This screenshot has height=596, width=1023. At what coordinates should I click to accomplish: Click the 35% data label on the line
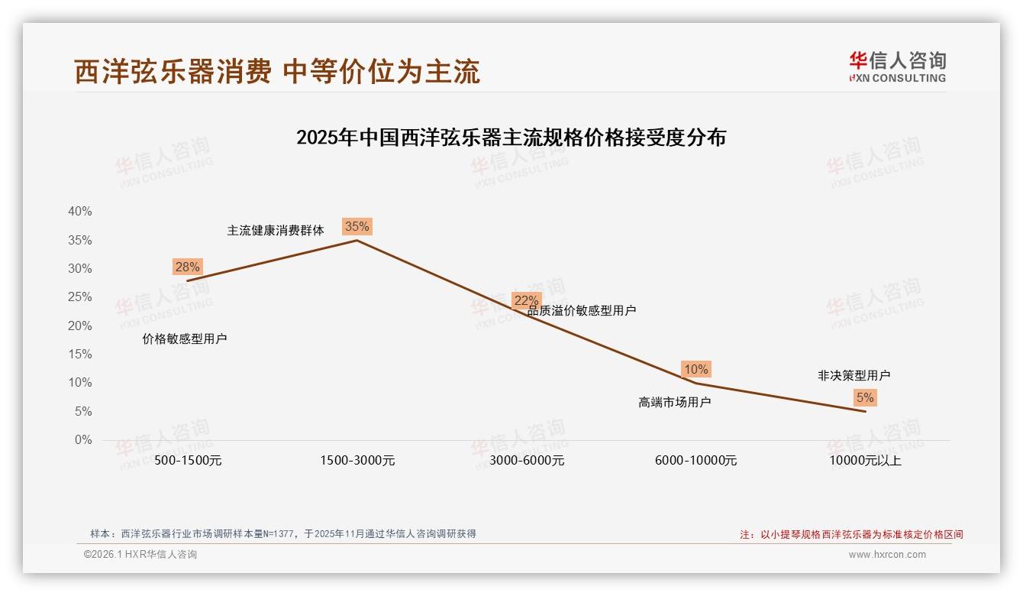(x=357, y=226)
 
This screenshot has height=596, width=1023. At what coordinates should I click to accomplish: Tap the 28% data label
(x=187, y=267)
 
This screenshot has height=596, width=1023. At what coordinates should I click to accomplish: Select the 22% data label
(x=526, y=300)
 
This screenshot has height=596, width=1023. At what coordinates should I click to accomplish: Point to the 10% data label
(x=695, y=369)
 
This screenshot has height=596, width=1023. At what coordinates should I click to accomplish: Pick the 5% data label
(x=865, y=397)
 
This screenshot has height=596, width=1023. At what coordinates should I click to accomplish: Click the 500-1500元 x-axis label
(x=188, y=460)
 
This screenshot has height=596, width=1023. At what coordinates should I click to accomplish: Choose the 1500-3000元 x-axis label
(x=357, y=460)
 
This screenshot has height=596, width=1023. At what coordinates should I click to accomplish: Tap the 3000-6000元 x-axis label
(x=527, y=460)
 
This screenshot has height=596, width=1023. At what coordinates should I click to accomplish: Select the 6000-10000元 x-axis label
(x=696, y=460)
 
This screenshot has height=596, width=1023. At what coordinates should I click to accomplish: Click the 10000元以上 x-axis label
(x=866, y=460)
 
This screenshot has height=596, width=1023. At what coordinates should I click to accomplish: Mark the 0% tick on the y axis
(x=82, y=440)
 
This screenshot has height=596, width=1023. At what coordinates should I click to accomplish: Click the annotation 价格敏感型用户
(x=185, y=338)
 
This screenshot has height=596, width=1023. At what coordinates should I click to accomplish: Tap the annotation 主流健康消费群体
(x=276, y=230)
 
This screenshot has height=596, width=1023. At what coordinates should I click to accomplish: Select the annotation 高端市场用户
(x=674, y=402)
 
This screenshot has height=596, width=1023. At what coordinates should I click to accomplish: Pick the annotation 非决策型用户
(x=854, y=375)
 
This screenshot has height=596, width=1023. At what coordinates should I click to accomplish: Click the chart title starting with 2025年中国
(x=511, y=138)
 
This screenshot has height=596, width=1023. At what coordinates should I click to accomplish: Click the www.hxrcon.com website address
(x=887, y=555)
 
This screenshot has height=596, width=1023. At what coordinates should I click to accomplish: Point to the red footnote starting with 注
(x=851, y=535)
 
